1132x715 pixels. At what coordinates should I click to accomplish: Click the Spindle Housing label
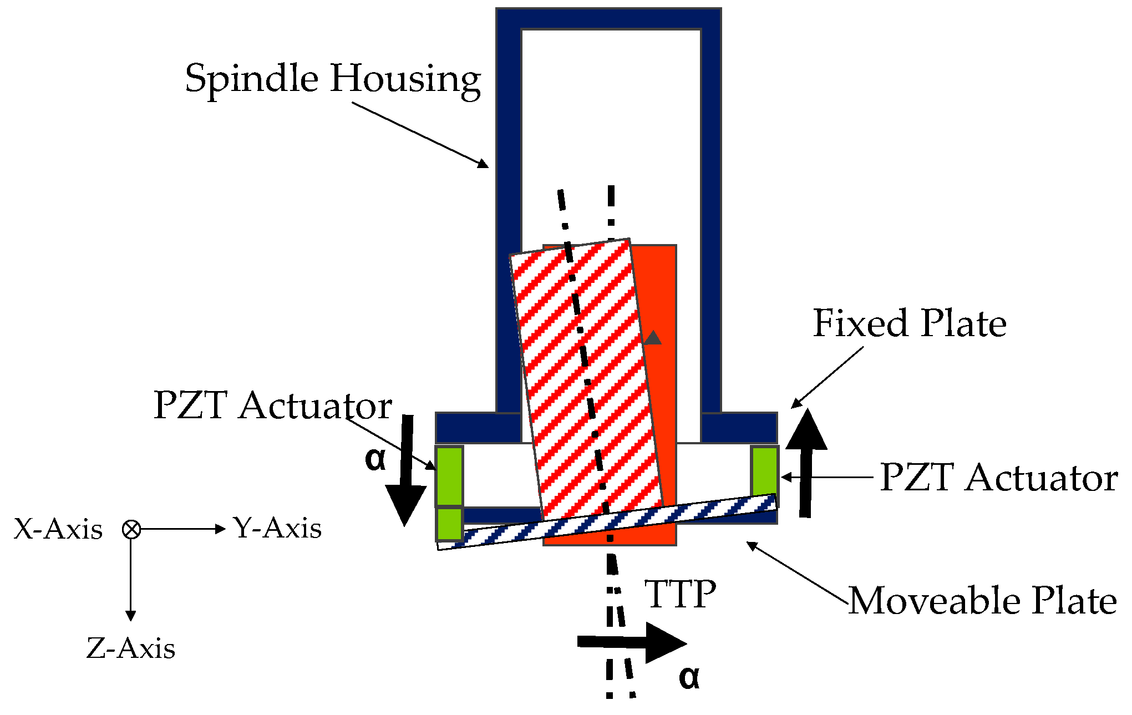[333, 79]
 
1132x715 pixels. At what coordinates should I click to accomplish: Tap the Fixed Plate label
[909, 323]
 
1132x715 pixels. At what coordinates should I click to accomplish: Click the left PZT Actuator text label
[272, 405]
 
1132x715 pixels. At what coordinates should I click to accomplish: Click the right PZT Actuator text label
[998, 478]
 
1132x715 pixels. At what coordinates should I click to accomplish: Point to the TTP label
[680, 595]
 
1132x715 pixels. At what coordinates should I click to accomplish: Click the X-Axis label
[58, 530]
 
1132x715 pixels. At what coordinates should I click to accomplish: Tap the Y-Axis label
[277, 528]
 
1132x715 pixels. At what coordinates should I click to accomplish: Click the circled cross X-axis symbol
[131, 530]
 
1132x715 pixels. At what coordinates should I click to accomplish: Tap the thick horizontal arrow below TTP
[632, 642]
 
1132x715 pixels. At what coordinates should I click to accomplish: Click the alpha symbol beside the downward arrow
[375, 459]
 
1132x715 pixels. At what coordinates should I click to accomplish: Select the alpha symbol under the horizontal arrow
[689, 677]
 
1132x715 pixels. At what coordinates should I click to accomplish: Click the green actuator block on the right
[764, 471]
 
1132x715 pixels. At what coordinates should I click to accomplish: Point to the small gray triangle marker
[653, 338]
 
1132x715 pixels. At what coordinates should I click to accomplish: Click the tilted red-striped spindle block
[585, 377]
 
